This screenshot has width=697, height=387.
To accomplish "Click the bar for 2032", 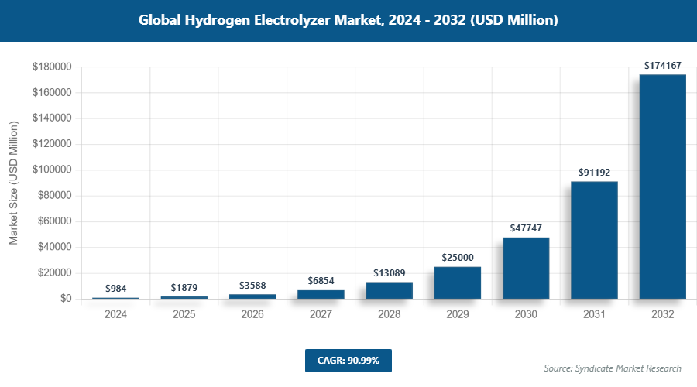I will click(663, 187).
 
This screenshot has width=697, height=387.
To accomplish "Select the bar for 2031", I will click(594, 240).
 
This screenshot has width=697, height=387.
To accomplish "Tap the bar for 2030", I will click(526, 268).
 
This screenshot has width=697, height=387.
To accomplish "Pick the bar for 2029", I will click(458, 283).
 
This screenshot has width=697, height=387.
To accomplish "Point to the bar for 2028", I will click(389, 290).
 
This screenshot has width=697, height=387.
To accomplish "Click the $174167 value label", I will click(663, 66).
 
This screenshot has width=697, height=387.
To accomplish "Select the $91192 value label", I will click(594, 173).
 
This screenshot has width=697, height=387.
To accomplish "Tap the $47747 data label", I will click(526, 228).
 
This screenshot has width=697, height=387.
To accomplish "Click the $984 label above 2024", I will click(115, 289).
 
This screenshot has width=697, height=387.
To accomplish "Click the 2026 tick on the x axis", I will click(252, 315).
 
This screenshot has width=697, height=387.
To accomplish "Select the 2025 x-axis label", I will click(184, 315).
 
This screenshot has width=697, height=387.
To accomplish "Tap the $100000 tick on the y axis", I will click(51, 170).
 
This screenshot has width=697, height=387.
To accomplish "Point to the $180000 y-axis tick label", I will click(51, 67).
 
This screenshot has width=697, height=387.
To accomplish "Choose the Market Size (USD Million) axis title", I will click(14, 183).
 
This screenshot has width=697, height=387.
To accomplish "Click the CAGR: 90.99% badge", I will click(348, 361).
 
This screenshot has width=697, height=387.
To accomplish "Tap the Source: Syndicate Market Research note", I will click(613, 368).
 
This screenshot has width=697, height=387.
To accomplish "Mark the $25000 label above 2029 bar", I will click(458, 257).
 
